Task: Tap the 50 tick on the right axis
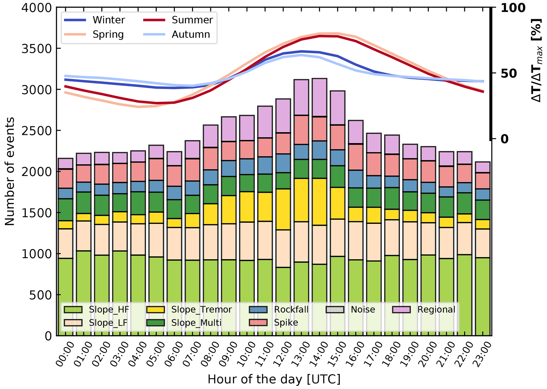(x=509, y=73)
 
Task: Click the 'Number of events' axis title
(x=10, y=171)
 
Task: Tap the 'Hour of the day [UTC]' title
(x=274, y=379)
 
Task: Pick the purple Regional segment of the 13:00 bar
(x=301, y=97)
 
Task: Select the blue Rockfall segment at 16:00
(x=356, y=179)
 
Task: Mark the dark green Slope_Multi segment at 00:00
(x=65, y=210)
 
